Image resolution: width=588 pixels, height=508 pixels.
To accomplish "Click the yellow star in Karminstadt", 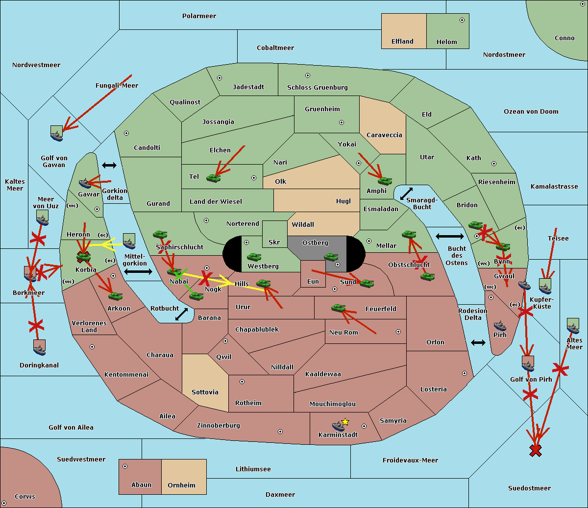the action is (345, 422).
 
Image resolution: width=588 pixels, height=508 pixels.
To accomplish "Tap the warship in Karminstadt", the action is (338, 426).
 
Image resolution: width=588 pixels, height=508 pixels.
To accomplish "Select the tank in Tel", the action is (213, 178).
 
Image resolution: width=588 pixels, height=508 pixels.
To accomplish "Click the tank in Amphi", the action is (385, 181).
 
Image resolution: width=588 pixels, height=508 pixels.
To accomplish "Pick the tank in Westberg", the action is (254, 257).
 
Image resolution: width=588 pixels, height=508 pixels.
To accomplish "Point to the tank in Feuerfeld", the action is (339, 308).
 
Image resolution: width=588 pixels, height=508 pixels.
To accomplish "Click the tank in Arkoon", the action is (115, 296).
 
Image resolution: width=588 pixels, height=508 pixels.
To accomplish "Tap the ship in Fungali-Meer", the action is (57, 133).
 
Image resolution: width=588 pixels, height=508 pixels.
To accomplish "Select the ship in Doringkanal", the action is (40, 347).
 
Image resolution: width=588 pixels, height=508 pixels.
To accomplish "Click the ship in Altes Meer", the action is (573, 326).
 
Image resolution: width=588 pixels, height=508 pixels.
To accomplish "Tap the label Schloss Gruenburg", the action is (318, 87).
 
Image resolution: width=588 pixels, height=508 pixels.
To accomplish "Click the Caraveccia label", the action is (384, 135).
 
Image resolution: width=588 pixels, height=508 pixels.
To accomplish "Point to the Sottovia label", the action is (205, 392).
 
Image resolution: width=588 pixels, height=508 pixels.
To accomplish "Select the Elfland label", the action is (402, 41).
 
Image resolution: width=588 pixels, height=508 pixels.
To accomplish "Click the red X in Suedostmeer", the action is (536, 451).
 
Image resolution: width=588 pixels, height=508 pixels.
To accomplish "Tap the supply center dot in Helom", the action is (462, 20).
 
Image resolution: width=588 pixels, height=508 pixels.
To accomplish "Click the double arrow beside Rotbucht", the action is (181, 314).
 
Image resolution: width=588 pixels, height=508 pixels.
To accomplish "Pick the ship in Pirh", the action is (500, 326).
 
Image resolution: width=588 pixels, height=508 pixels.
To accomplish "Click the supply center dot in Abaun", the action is (125, 466).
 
